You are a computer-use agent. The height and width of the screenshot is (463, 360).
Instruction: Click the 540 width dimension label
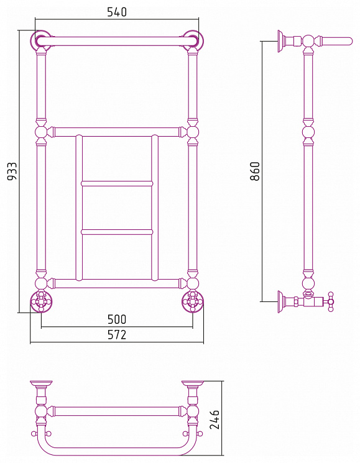[117, 12]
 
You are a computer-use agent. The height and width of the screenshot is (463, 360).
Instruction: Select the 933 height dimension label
[12, 171]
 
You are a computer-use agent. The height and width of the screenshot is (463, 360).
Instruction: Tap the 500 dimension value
[117, 319]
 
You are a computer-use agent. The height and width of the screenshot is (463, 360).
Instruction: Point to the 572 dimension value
[117, 334]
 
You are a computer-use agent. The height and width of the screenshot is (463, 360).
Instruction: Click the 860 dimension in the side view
[254, 171]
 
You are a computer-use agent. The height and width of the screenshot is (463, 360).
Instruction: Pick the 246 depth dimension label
[215, 419]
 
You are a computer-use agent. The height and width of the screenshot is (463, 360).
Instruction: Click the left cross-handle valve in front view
[41, 301]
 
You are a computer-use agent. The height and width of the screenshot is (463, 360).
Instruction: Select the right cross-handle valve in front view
[193, 301]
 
